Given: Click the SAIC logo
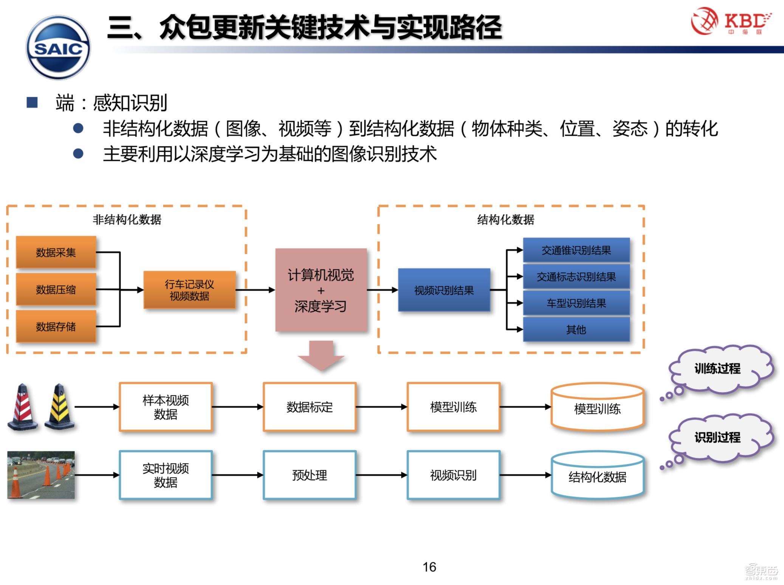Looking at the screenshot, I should pos(58,48).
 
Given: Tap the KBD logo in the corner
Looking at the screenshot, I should pos(730,22).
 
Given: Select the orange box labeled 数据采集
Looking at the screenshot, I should pos(56,252).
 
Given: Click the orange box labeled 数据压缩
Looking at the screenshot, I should pos(56,289).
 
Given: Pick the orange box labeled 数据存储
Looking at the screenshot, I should pos(56,327).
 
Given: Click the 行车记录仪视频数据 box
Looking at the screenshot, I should pos(189,290).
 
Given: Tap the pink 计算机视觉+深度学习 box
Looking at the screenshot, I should pos(321,290).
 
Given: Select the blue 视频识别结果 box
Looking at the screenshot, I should pos(444,290).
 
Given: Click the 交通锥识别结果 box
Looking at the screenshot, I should pos(576,250).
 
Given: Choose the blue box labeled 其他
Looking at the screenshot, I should pos(576,330).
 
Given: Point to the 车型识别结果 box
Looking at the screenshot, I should pos(576,303).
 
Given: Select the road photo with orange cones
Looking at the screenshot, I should pos(41,475).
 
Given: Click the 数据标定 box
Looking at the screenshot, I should pos(310,407).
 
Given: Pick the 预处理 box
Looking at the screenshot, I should pos(310,475).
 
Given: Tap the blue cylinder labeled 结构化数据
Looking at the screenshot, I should pos(597,476).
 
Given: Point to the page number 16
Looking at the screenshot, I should pos(429,567).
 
